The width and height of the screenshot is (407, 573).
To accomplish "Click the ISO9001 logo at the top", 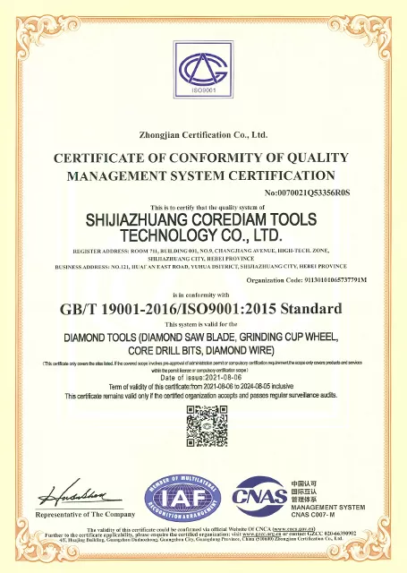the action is [x=202, y=71].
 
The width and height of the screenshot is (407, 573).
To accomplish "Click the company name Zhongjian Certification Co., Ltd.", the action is [x=204, y=135].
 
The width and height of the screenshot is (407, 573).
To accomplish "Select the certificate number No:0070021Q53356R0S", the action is [x=309, y=192].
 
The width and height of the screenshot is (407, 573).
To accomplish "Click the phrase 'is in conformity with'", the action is [x=204, y=294].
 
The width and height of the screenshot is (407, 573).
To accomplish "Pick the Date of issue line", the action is [x=203, y=377].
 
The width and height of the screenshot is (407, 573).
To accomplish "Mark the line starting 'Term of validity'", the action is [x=203, y=385].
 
